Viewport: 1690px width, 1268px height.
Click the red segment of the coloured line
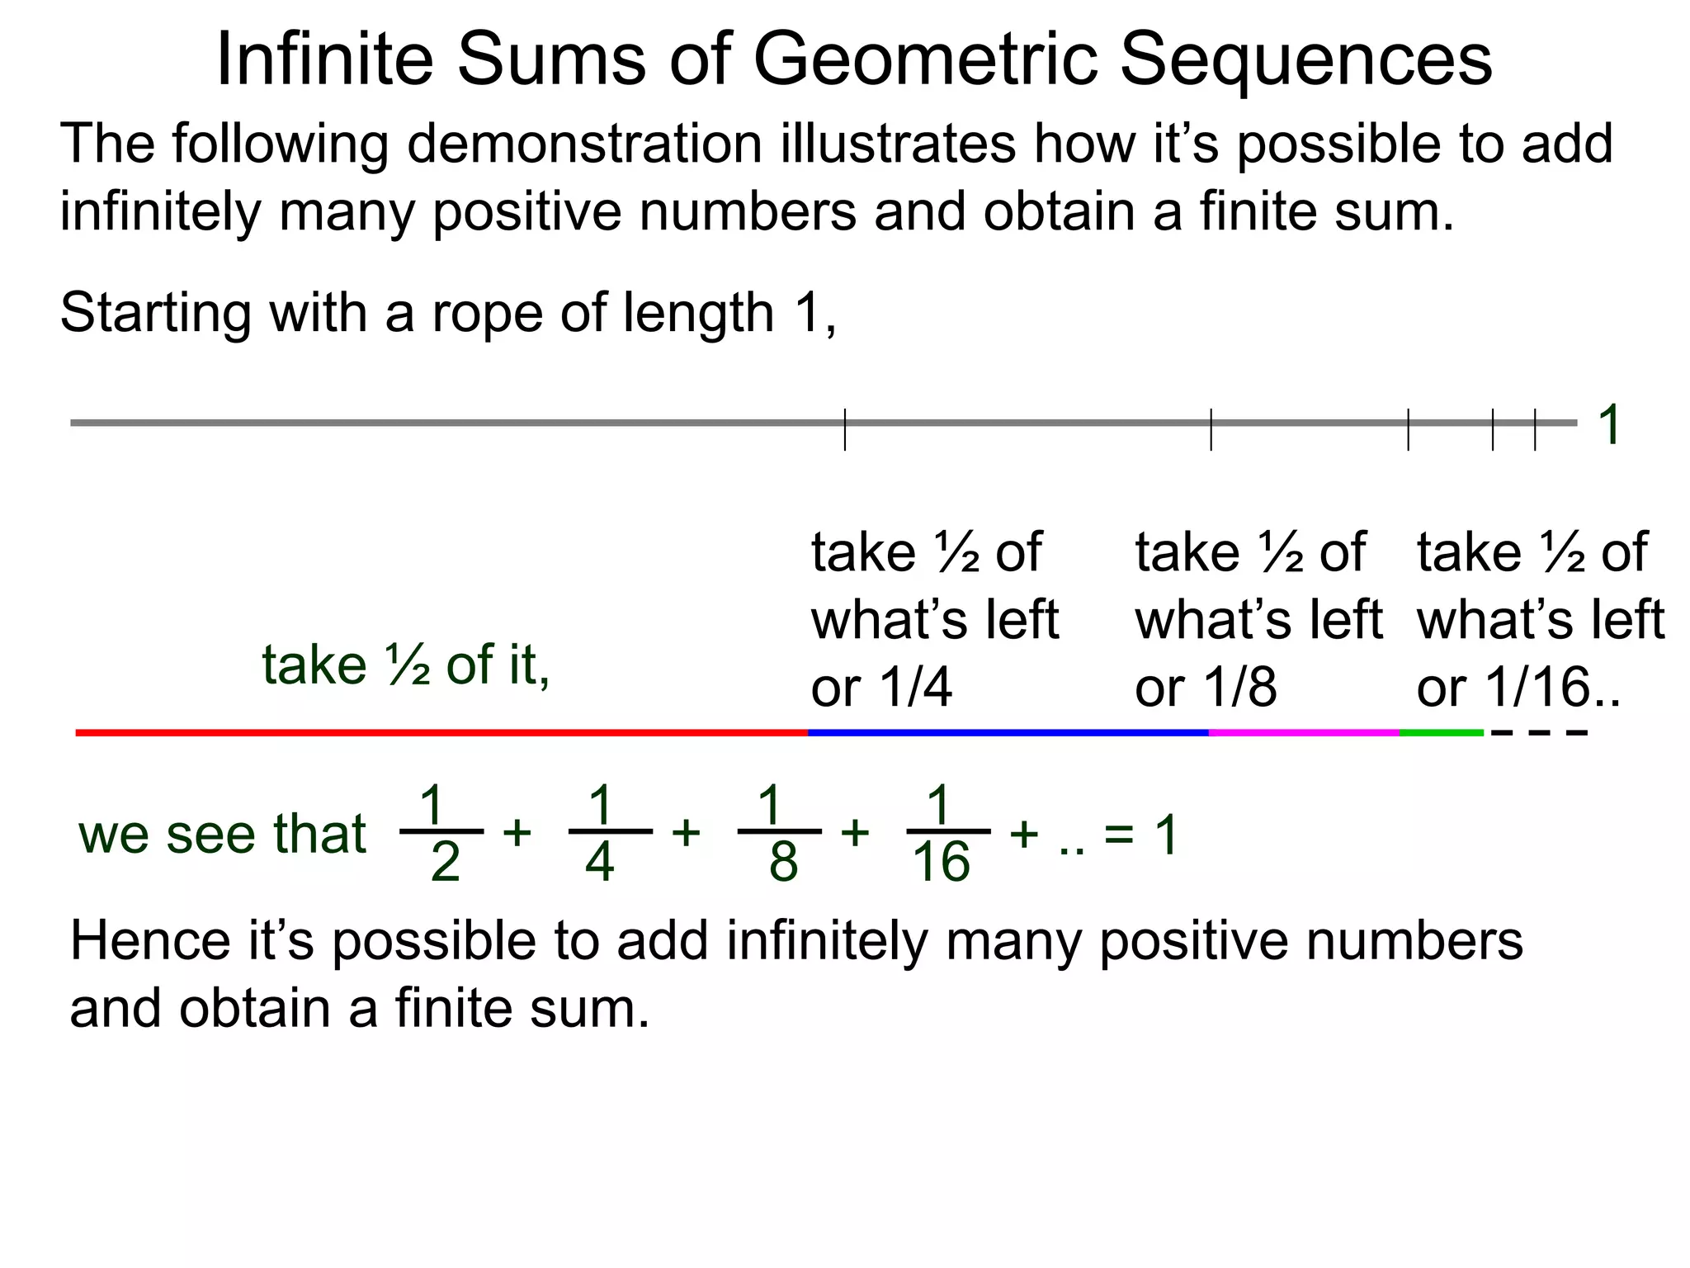(441, 732)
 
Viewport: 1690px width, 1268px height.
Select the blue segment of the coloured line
(1008, 732)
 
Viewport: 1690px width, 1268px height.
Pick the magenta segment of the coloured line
(1304, 732)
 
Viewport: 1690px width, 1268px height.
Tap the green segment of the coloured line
(1441, 732)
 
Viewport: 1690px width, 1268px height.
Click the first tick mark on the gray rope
(845, 428)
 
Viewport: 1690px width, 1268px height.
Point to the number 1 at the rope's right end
(1609, 425)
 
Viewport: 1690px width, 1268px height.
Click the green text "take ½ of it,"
(405, 665)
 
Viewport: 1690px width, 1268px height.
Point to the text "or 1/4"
(881, 687)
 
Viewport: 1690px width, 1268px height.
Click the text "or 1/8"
(1206, 687)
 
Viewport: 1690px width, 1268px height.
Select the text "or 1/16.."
(1518, 687)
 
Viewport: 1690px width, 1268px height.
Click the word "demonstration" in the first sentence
(584, 144)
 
